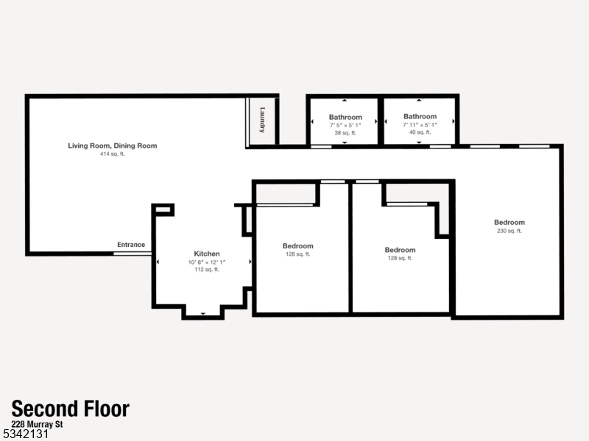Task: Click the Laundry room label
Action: pyautogui.click(x=262, y=121)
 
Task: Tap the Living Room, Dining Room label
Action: pyautogui.click(x=113, y=146)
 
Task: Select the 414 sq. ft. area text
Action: pyautogui.click(x=113, y=154)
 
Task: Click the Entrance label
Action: pyautogui.click(x=131, y=245)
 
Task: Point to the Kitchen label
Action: pyautogui.click(x=207, y=254)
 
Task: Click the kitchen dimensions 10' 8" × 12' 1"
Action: pyautogui.click(x=207, y=262)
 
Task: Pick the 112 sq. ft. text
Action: pyautogui.click(x=207, y=270)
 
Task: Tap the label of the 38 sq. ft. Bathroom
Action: pyautogui.click(x=345, y=117)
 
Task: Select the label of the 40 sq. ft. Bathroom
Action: pyautogui.click(x=420, y=116)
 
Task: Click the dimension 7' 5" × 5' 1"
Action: pyautogui.click(x=345, y=126)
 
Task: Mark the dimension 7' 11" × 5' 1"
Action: pyautogui.click(x=420, y=125)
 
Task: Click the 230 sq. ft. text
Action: pyautogui.click(x=509, y=231)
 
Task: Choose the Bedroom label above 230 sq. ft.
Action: pyautogui.click(x=509, y=223)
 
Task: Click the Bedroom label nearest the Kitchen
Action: pyautogui.click(x=297, y=246)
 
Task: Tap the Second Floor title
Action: pyautogui.click(x=71, y=409)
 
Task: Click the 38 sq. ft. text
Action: pyautogui.click(x=345, y=133)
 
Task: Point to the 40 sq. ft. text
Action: pyautogui.click(x=420, y=132)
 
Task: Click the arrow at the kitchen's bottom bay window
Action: pyautogui.click(x=203, y=313)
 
